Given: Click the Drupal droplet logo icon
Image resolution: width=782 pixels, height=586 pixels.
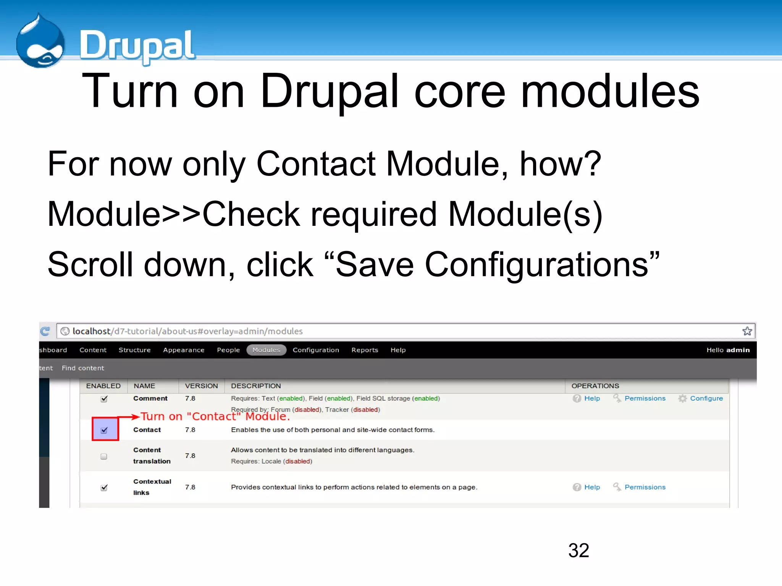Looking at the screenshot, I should coord(40,42).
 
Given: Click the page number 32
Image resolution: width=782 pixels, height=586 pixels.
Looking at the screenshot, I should coord(578,550).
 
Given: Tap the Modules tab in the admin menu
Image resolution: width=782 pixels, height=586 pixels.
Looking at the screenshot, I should coord(266,350).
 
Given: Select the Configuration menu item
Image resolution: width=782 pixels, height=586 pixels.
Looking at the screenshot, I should coord(316,350).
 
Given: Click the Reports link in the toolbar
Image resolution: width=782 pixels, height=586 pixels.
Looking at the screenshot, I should coord(365,350).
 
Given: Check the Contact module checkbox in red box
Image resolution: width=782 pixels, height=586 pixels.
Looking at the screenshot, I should coord(104,430).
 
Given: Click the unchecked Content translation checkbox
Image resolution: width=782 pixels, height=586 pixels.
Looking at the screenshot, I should coord(103,456).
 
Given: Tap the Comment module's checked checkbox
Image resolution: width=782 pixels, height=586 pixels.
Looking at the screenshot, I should coord(104,399).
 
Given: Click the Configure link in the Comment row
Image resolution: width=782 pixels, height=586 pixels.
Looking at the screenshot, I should coord(706,398).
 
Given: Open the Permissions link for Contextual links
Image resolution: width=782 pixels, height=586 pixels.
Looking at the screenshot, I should coord(645,487).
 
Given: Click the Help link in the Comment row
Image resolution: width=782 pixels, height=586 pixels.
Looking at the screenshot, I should coord(592,398).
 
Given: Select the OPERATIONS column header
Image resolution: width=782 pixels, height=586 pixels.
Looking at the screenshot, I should coord(595,386).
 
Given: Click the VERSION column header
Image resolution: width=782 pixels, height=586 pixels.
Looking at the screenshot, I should coord(201,386).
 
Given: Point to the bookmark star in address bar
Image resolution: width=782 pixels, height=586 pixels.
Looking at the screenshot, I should coord(747,331).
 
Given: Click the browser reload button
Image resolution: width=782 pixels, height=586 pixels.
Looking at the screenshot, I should coord(45,331).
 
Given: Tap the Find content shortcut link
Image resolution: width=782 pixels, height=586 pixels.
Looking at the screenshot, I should coord(83,368).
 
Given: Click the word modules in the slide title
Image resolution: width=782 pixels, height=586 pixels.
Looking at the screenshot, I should coord(610,92).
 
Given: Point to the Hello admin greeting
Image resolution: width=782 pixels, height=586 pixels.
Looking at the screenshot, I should coord(728,350).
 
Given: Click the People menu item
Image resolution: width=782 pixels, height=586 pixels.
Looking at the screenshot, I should coord(228,350).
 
